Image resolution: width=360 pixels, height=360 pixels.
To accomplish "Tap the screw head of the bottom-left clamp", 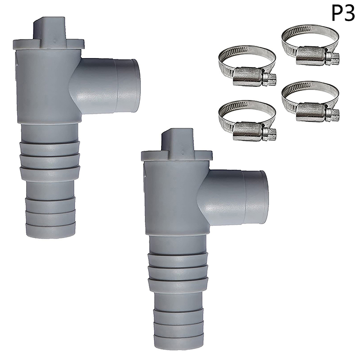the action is (270, 134).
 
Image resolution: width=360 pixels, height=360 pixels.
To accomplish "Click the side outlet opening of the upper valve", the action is (133, 86).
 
